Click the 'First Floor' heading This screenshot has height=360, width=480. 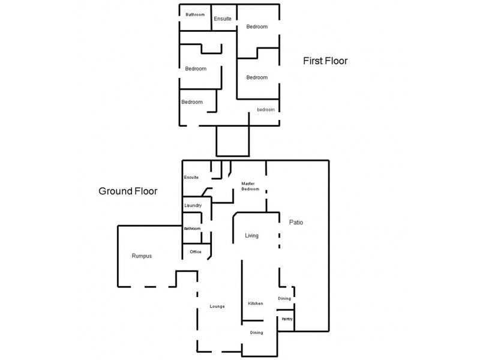click(325, 61)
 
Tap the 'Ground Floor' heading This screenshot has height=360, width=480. click(128, 191)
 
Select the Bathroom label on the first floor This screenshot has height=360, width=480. click(195, 14)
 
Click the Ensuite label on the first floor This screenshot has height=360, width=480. click(223, 19)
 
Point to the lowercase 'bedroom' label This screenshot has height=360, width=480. click(266, 110)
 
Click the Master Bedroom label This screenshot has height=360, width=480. click(250, 186)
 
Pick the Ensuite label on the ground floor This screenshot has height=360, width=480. click(191, 177)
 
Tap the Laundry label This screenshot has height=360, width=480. click(193, 205)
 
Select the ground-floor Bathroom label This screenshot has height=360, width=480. click(192, 229)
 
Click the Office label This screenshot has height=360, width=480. click(196, 251)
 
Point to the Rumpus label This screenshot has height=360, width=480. click(142, 256)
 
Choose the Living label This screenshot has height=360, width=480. click(251, 235)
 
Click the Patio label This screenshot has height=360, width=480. click(296, 222)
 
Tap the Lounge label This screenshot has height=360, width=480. click(217, 306)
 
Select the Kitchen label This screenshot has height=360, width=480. click(256, 304)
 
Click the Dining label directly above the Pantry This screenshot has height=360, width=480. click(284, 298)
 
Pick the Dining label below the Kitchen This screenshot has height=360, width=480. click(257, 332)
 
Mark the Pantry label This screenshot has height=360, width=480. click(287, 319)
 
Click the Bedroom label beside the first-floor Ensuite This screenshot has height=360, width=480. click(257, 26)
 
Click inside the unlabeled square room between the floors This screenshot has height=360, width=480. click(233, 141)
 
